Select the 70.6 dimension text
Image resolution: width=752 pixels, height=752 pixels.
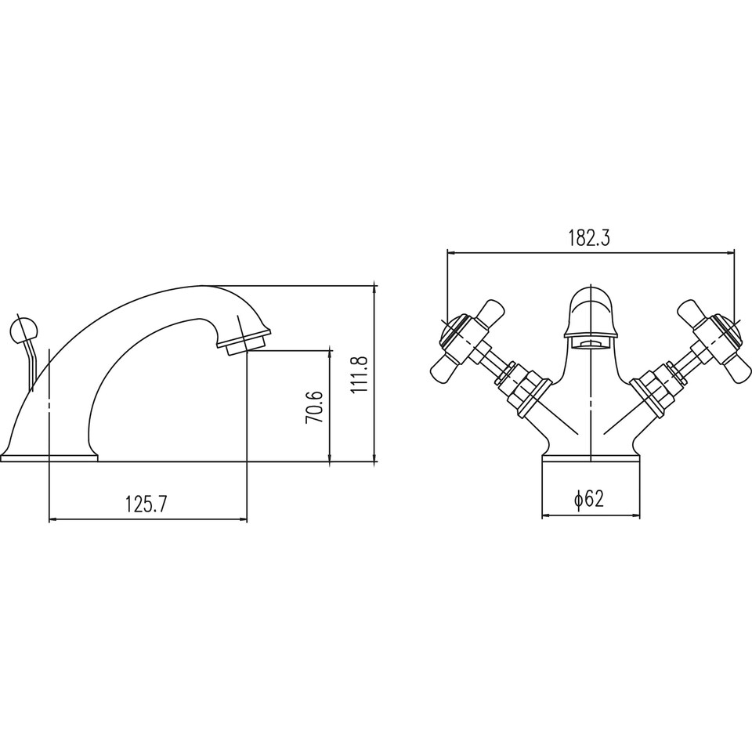[x=314, y=407]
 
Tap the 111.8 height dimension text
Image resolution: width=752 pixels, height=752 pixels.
[x=359, y=375]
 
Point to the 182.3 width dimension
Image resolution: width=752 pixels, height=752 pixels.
[x=589, y=238]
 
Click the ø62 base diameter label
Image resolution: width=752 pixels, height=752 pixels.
[x=589, y=499]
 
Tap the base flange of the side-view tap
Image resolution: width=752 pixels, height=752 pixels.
[x=49, y=457]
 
